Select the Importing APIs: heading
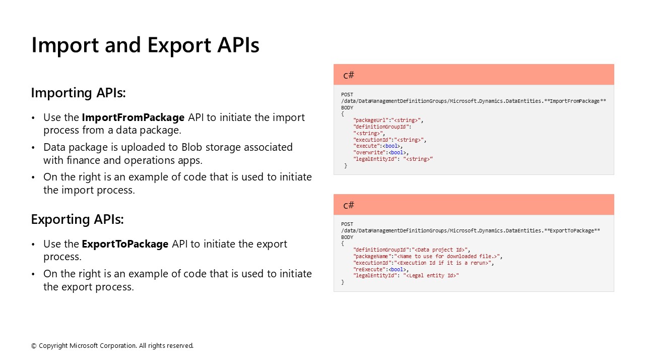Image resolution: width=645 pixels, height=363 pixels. [78, 93]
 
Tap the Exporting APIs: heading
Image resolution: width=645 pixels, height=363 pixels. [77, 219]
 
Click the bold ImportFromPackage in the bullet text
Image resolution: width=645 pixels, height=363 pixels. [133, 117]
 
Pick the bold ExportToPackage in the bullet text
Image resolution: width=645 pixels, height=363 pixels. [125, 244]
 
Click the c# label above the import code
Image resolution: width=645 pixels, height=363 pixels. [349, 75]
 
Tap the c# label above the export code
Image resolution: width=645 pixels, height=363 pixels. [349, 205]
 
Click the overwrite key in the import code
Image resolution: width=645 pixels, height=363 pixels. [370, 153]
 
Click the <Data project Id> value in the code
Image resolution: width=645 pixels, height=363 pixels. [441, 250]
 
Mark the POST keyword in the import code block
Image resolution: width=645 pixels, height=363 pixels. [347, 95]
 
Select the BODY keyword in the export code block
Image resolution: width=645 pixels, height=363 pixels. [347, 237]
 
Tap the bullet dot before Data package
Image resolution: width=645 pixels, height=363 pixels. [33, 148]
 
